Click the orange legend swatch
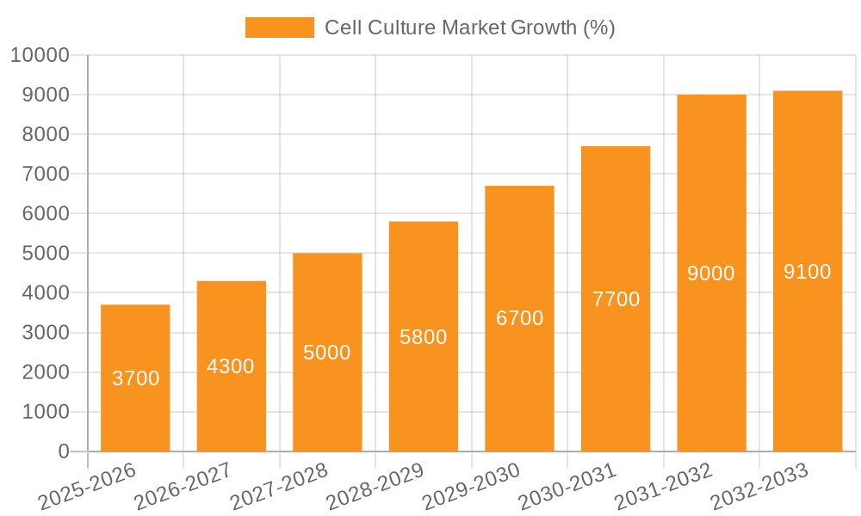[x=279, y=28]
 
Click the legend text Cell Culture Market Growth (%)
[x=469, y=28]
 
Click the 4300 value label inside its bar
[x=231, y=366]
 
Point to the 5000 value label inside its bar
[x=327, y=353]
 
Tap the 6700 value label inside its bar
[x=520, y=318]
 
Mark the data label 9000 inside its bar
[x=711, y=273]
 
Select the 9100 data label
[x=808, y=272]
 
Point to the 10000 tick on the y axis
[x=40, y=55]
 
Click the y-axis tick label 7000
[x=45, y=174]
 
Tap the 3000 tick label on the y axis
[x=45, y=333]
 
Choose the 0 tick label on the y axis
[x=63, y=451]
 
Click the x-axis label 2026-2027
[x=183, y=486]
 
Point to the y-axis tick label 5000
[x=45, y=254]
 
